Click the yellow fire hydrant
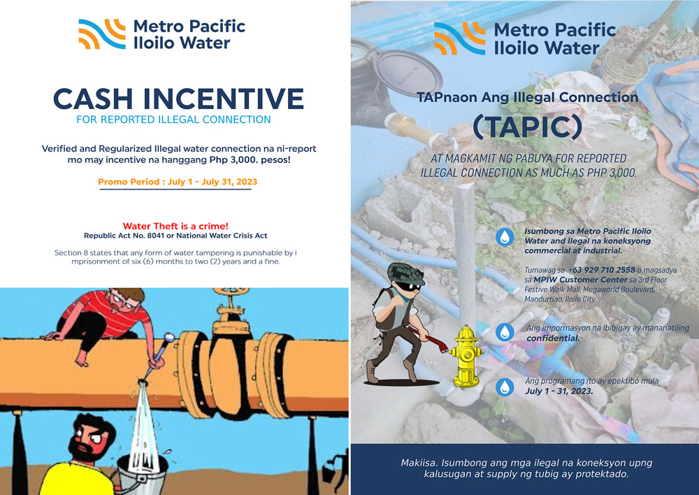(466, 357)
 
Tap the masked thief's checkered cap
(405, 273)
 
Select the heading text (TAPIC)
(527, 127)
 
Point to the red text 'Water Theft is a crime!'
(175, 226)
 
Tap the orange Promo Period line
(178, 182)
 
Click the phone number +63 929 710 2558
(601, 270)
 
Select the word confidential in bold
(553, 338)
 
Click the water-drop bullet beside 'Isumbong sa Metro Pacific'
(505, 237)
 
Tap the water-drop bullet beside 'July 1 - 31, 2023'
(505, 387)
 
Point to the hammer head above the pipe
(169, 338)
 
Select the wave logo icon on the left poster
(102, 34)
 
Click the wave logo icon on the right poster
(460, 38)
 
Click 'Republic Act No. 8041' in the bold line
(124, 236)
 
